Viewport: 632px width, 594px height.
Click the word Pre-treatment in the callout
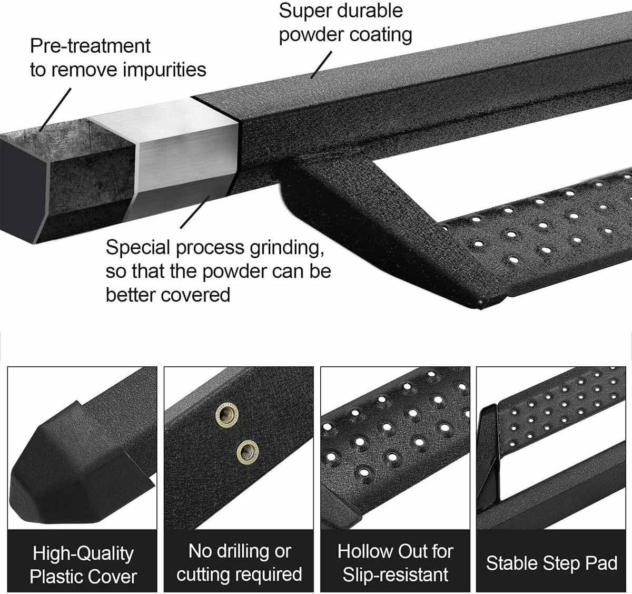tap(90, 46)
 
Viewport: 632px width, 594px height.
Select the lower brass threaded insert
tap(248, 452)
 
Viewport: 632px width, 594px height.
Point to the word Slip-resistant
tap(396, 574)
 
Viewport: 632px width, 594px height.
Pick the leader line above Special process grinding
tap(196, 211)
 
